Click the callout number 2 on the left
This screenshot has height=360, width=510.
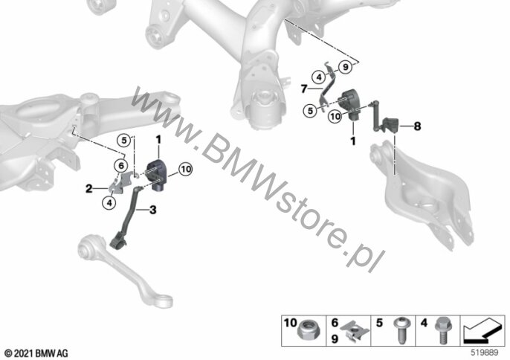(x=88, y=188)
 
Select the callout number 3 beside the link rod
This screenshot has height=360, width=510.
(x=153, y=210)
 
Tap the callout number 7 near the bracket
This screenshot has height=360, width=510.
(x=304, y=89)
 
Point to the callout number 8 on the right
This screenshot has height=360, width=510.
(x=417, y=126)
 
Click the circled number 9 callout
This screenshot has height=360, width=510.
(x=346, y=67)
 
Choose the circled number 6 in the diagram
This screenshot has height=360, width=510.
(x=121, y=166)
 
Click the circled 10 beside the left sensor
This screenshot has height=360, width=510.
(x=186, y=170)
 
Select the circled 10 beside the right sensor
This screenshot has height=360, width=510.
(x=335, y=116)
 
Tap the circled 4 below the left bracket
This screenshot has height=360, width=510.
(x=109, y=203)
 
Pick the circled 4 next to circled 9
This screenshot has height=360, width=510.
(x=319, y=77)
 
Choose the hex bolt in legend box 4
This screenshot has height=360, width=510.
(x=442, y=331)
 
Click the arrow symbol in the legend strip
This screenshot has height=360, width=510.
(x=482, y=331)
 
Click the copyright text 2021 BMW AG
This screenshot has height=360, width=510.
(x=36, y=353)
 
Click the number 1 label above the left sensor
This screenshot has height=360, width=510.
(x=158, y=140)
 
